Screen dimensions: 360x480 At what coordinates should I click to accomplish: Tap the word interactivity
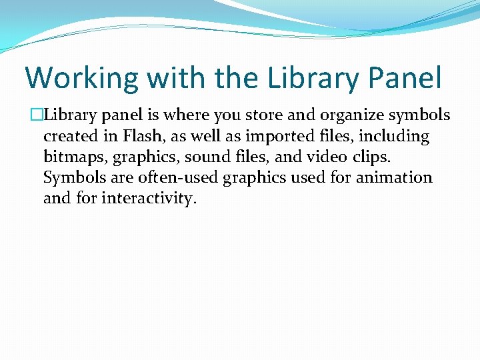149,199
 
